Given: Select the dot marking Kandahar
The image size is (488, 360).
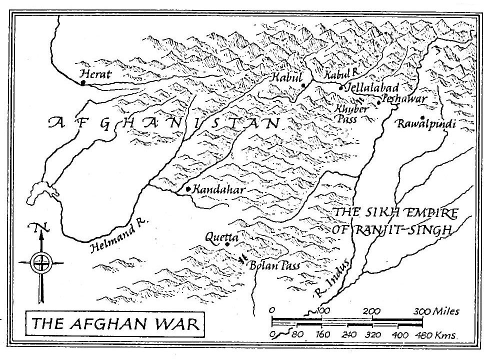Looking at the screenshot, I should coord(187,189).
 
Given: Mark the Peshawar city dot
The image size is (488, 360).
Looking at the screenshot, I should coord(379,102).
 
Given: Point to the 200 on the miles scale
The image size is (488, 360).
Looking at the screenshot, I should coord(371,311).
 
